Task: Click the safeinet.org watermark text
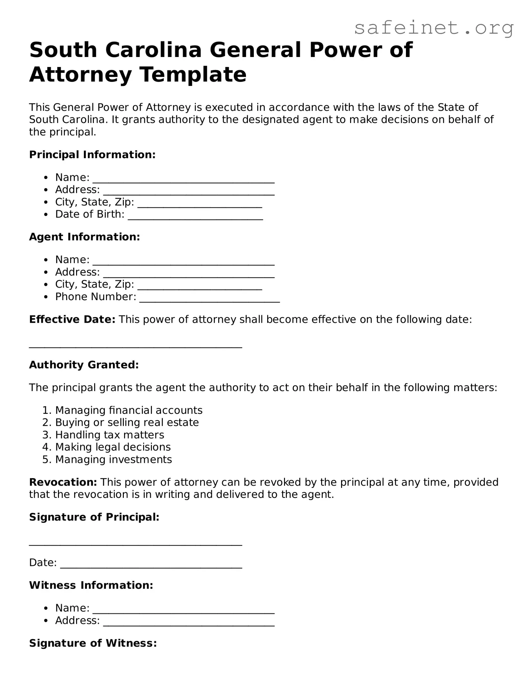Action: coord(434,28)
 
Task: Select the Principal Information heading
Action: coord(92,155)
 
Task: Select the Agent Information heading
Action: coord(84,237)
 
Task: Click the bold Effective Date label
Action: coord(72,319)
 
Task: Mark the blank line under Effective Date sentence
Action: coord(135,346)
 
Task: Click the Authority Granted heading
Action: coord(84,365)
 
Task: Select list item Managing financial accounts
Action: coord(129,410)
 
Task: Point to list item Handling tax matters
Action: coord(110,435)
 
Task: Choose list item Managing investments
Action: coord(113,459)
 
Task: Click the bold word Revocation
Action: coord(63,482)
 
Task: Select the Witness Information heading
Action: coord(91,585)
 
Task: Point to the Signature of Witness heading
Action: coord(93,643)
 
